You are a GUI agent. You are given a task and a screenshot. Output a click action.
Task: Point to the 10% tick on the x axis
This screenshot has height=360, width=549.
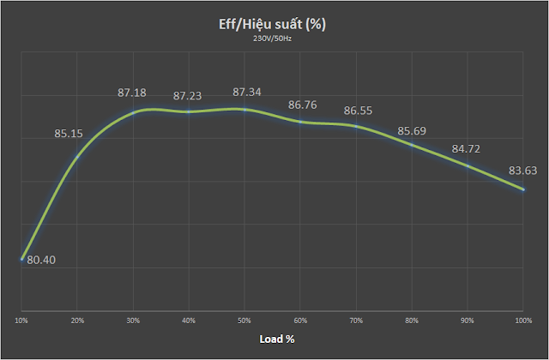(21, 320)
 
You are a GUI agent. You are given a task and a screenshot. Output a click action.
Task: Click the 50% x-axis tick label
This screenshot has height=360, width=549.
(244, 320)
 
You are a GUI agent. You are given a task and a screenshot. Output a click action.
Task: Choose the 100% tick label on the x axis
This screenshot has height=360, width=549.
(522, 320)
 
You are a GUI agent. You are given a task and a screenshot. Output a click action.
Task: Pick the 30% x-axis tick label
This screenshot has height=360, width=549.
(133, 320)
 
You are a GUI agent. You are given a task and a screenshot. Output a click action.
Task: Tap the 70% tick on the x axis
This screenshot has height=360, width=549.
(356, 320)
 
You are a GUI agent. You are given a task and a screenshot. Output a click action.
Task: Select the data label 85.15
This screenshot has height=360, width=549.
(69, 134)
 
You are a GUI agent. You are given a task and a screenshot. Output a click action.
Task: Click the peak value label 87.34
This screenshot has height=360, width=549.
(243, 92)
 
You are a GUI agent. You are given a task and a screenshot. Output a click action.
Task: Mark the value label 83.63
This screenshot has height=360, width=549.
(522, 169)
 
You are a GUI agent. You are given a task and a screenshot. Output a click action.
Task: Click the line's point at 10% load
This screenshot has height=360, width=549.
(21, 258)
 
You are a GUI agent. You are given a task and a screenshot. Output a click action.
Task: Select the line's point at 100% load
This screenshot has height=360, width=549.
(522, 189)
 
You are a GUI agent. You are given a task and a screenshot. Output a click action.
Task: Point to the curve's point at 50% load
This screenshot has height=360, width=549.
(244, 109)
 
